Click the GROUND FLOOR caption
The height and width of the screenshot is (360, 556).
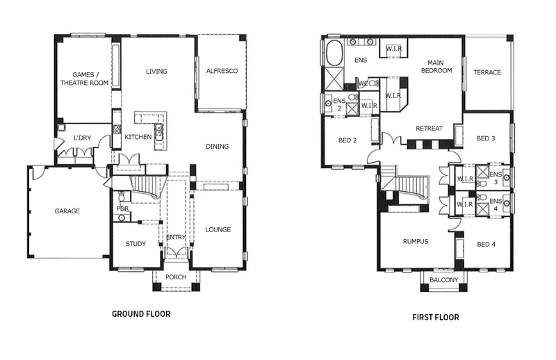tap(141, 314)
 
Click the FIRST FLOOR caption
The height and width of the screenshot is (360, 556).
tap(436, 317)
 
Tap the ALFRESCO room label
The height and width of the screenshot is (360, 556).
tap(222, 71)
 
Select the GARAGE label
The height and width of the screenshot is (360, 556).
tap(67, 211)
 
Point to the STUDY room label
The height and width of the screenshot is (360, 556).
tap(136, 244)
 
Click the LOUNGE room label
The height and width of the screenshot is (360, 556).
tap(218, 229)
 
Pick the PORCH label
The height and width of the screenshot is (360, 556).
tap(176, 277)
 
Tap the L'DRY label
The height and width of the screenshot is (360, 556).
tap(82, 138)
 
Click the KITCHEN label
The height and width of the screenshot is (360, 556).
tap(138, 137)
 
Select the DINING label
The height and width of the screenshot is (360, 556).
tap(218, 146)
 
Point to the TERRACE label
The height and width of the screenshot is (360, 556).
tap(487, 72)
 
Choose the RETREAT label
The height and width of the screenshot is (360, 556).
tap(429, 129)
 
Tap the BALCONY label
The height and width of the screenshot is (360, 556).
tap(444, 280)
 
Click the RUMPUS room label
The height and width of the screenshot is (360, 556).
tap(416, 242)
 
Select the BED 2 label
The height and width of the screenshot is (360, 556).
tap(347, 140)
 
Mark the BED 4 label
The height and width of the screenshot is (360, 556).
tap(486, 245)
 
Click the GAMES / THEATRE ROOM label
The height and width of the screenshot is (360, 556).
tap(84, 79)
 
